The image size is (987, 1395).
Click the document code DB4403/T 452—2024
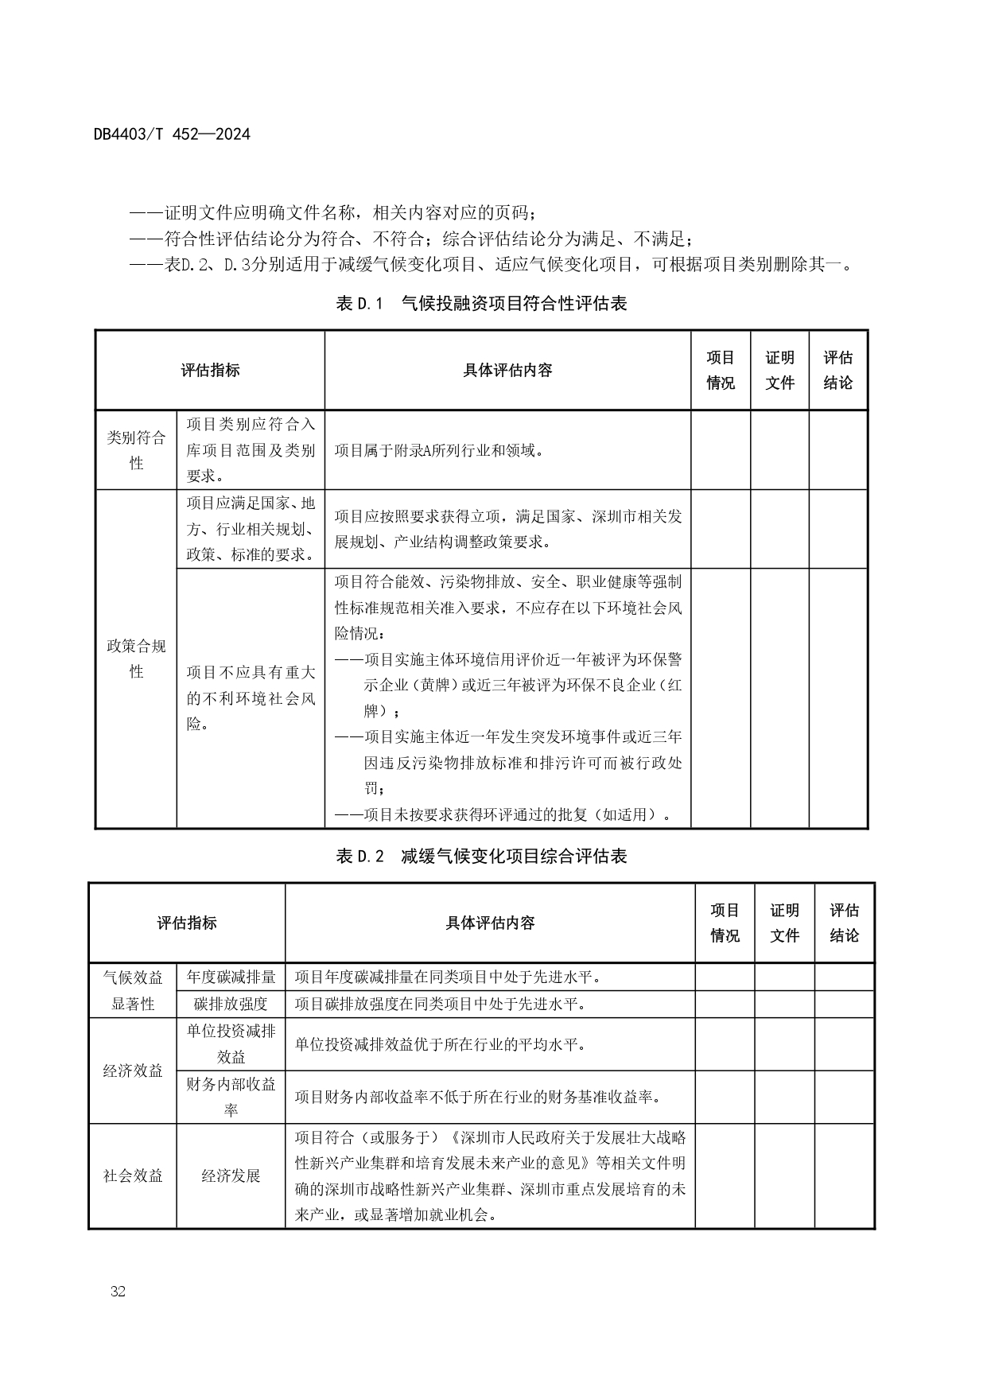coord(172,134)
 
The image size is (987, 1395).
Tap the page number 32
coord(119,1291)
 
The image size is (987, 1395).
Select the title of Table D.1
coord(482,303)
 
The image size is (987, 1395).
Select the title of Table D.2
coord(482,856)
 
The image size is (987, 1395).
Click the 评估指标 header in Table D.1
coord(210,370)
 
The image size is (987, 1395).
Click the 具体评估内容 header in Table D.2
coord(490,923)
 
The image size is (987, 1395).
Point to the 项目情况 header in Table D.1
coord(721,370)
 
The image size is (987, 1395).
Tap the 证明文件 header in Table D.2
coord(784,923)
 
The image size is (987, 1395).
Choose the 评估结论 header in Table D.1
coord(837,370)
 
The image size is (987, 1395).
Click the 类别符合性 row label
coord(136,449)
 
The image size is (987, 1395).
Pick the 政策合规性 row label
coord(136,659)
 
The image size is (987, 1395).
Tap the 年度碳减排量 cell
coord(231,977)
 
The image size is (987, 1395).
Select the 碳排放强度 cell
coord(231,1004)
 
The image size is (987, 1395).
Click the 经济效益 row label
coord(133,1071)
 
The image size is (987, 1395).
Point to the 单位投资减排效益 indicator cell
coord(231,1043)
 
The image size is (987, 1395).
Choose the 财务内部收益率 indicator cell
coord(231,1097)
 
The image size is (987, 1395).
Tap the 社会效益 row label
coord(133,1175)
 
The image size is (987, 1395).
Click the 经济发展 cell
coord(231,1175)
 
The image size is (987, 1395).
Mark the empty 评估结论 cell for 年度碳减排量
coord(844,977)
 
